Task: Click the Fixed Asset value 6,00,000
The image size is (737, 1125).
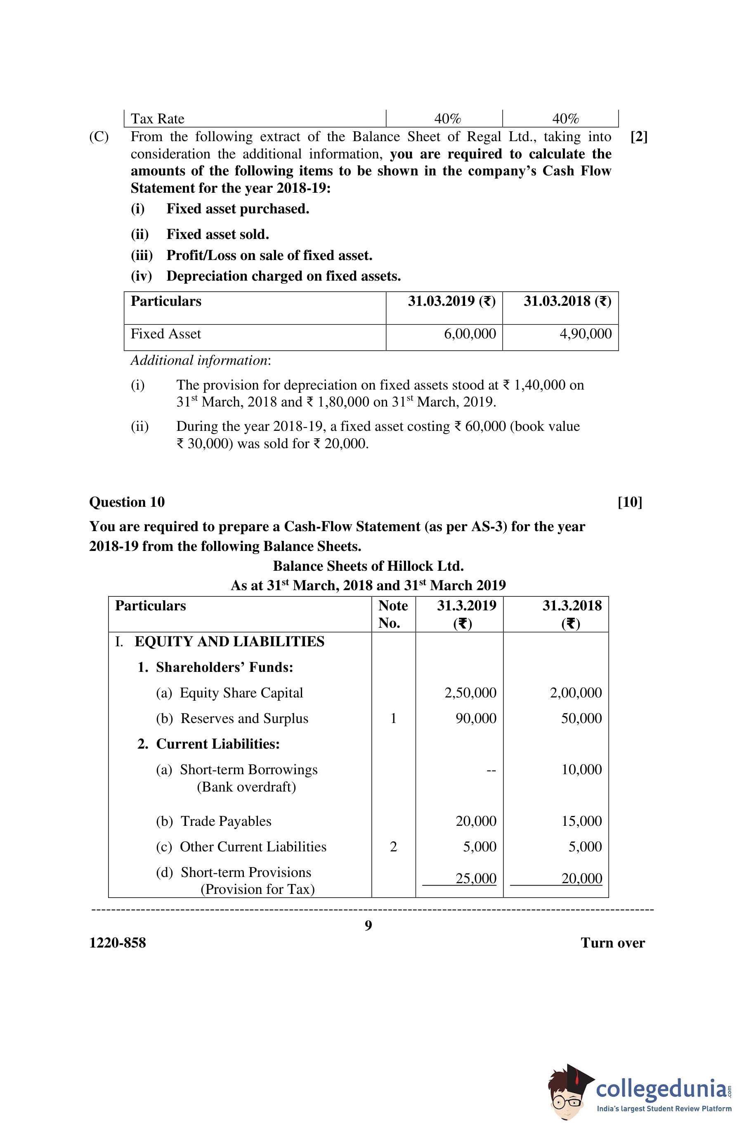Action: click(x=470, y=334)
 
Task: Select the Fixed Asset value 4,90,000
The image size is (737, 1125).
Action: click(x=585, y=334)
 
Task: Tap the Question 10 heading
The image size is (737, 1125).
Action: click(x=127, y=502)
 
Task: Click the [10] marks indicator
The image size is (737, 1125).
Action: click(x=630, y=502)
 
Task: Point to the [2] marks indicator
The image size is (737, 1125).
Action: click(x=639, y=137)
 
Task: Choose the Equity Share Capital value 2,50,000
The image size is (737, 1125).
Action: click(x=470, y=693)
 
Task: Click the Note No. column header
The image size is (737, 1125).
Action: click(x=393, y=614)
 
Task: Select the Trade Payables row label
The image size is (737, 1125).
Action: click(x=226, y=821)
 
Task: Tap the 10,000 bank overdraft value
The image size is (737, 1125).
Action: click(x=581, y=770)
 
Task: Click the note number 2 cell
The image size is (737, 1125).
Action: click(x=393, y=846)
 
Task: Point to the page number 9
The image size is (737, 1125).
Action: click(x=368, y=925)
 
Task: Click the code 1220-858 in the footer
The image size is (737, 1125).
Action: click(x=118, y=943)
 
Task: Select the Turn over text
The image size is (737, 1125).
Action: click(x=613, y=943)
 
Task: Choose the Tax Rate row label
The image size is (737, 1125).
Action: click(x=157, y=118)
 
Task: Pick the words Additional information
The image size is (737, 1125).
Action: click(x=201, y=360)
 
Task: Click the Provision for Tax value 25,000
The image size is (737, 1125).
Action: click(x=475, y=878)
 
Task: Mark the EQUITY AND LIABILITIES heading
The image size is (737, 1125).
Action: click(x=229, y=641)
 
